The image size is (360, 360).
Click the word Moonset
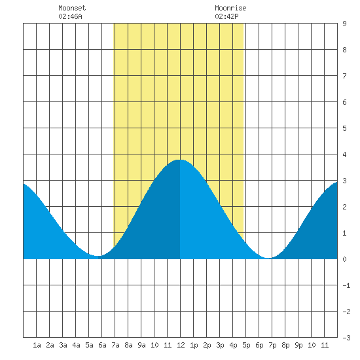coord(72,8)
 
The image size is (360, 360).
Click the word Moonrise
coord(230,8)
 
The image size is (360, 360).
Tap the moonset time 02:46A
coord(70,16)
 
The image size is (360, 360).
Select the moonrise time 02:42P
coord(226,16)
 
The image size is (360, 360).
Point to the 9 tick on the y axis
coord(344,24)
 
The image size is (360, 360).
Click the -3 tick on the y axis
coord(346,338)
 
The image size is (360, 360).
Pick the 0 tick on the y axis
coord(344,259)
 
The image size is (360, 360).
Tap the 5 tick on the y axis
coord(344,128)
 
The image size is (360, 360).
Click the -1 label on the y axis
coord(346,285)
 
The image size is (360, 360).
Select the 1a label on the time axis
coord(37,345)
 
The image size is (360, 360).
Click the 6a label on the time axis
coord(102,345)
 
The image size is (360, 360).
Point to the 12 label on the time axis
coord(181,345)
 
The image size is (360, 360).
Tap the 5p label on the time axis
coord(246,345)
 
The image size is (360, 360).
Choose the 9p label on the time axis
coord(298,345)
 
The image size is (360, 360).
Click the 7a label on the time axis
coord(115,345)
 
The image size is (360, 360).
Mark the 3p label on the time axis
coord(220,345)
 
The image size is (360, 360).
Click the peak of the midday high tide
coord(180,160)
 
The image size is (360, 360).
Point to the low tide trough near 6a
coord(98,256)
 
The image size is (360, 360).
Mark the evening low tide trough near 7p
coord(268,258)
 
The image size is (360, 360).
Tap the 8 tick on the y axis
coord(344,50)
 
